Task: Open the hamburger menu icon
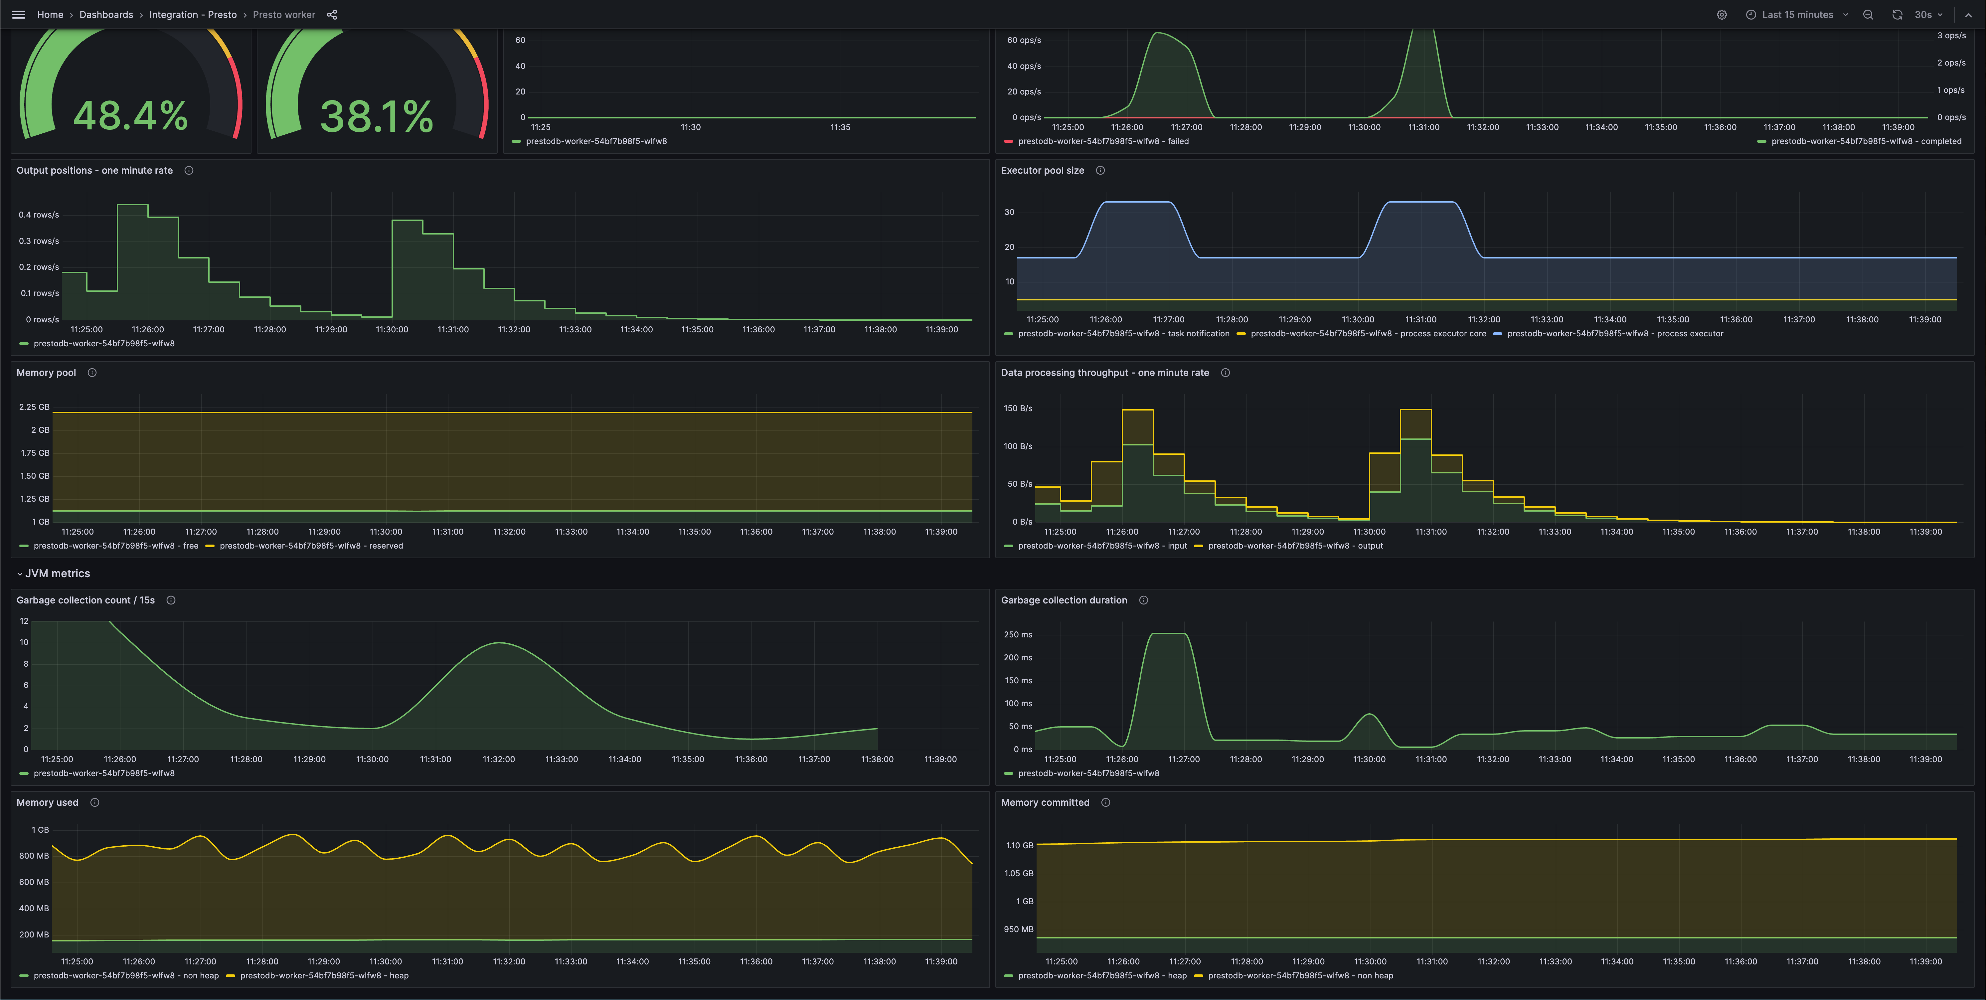pyautogui.click(x=19, y=15)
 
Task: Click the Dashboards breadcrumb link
pyautogui.click(x=106, y=15)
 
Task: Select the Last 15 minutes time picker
pyautogui.click(x=1797, y=15)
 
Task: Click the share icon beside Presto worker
pyautogui.click(x=332, y=15)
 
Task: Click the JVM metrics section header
pyautogui.click(x=57, y=574)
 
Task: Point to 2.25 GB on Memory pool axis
pyautogui.click(x=34, y=407)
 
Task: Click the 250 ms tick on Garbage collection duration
pyautogui.click(x=1018, y=634)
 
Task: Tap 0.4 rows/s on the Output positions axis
pyautogui.click(x=39, y=215)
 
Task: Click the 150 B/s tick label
pyautogui.click(x=1018, y=409)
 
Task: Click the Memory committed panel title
pyautogui.click(x=1045, y=803)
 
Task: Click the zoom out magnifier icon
pyautogui.click(x=1868, y=15)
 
